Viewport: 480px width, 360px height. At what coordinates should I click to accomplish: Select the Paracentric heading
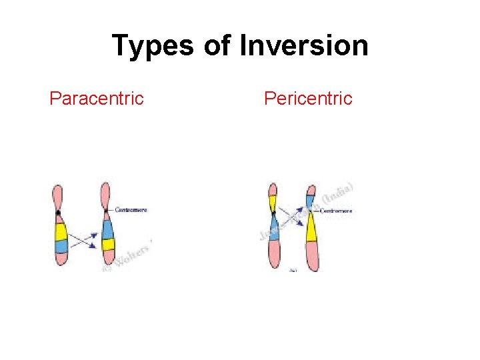tap(97, 99)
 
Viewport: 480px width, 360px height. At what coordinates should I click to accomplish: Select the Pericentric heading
tap(308, 99)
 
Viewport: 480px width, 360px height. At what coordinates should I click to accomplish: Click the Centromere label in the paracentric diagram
tap(131, 209)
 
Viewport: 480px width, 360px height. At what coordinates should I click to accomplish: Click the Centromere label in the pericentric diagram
tap(337, 211)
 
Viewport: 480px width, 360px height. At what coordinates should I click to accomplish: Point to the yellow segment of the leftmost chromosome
tap(61, 231)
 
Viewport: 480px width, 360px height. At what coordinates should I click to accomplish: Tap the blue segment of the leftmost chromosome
tap(61, 246)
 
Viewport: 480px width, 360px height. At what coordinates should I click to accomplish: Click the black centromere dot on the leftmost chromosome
tap(59, 213)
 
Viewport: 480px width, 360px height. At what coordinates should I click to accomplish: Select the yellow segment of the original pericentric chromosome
tap(273, 202)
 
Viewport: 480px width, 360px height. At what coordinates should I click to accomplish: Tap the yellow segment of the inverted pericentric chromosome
tap(311, 226)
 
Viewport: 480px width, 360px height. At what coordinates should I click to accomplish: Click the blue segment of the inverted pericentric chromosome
tap(310, 199)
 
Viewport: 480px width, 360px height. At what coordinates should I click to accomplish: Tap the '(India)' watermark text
tap(339, 193)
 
